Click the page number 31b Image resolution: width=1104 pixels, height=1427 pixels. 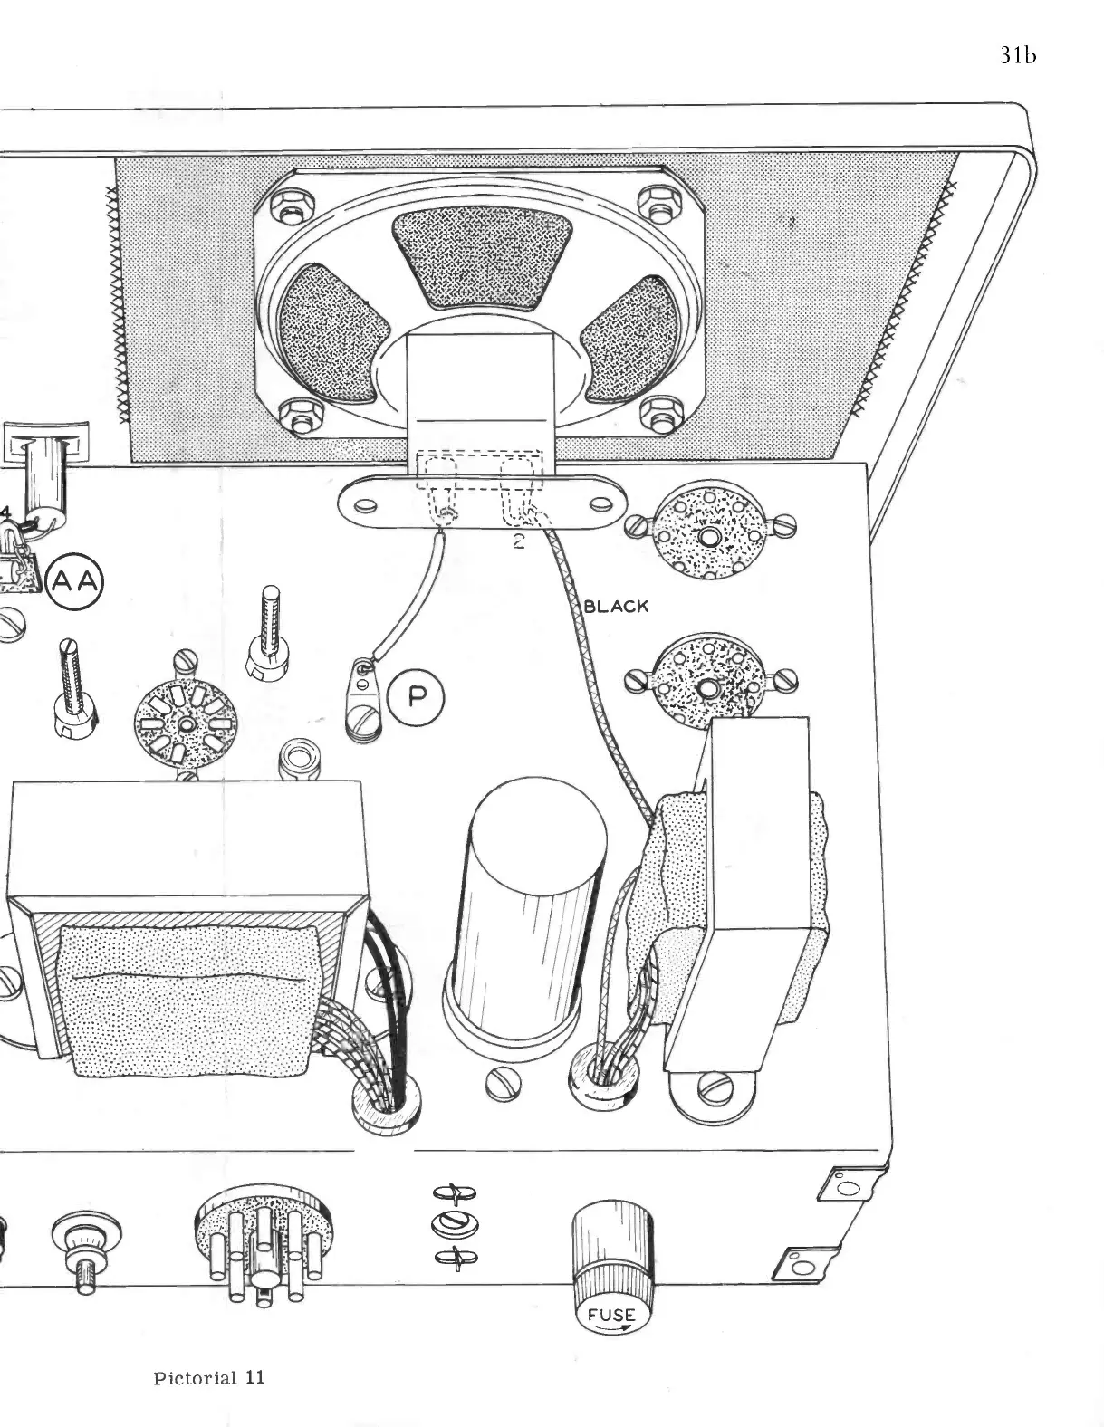(1017, 55)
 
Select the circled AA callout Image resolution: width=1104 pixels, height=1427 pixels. (76, 582)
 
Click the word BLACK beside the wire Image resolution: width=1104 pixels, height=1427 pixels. (617, 606)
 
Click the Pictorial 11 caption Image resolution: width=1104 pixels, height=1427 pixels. (208, 1378)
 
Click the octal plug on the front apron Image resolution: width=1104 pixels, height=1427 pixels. (261, 1248)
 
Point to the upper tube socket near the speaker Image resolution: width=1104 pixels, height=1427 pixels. (708, 534)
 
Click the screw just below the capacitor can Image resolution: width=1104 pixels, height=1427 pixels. (504, 1084)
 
